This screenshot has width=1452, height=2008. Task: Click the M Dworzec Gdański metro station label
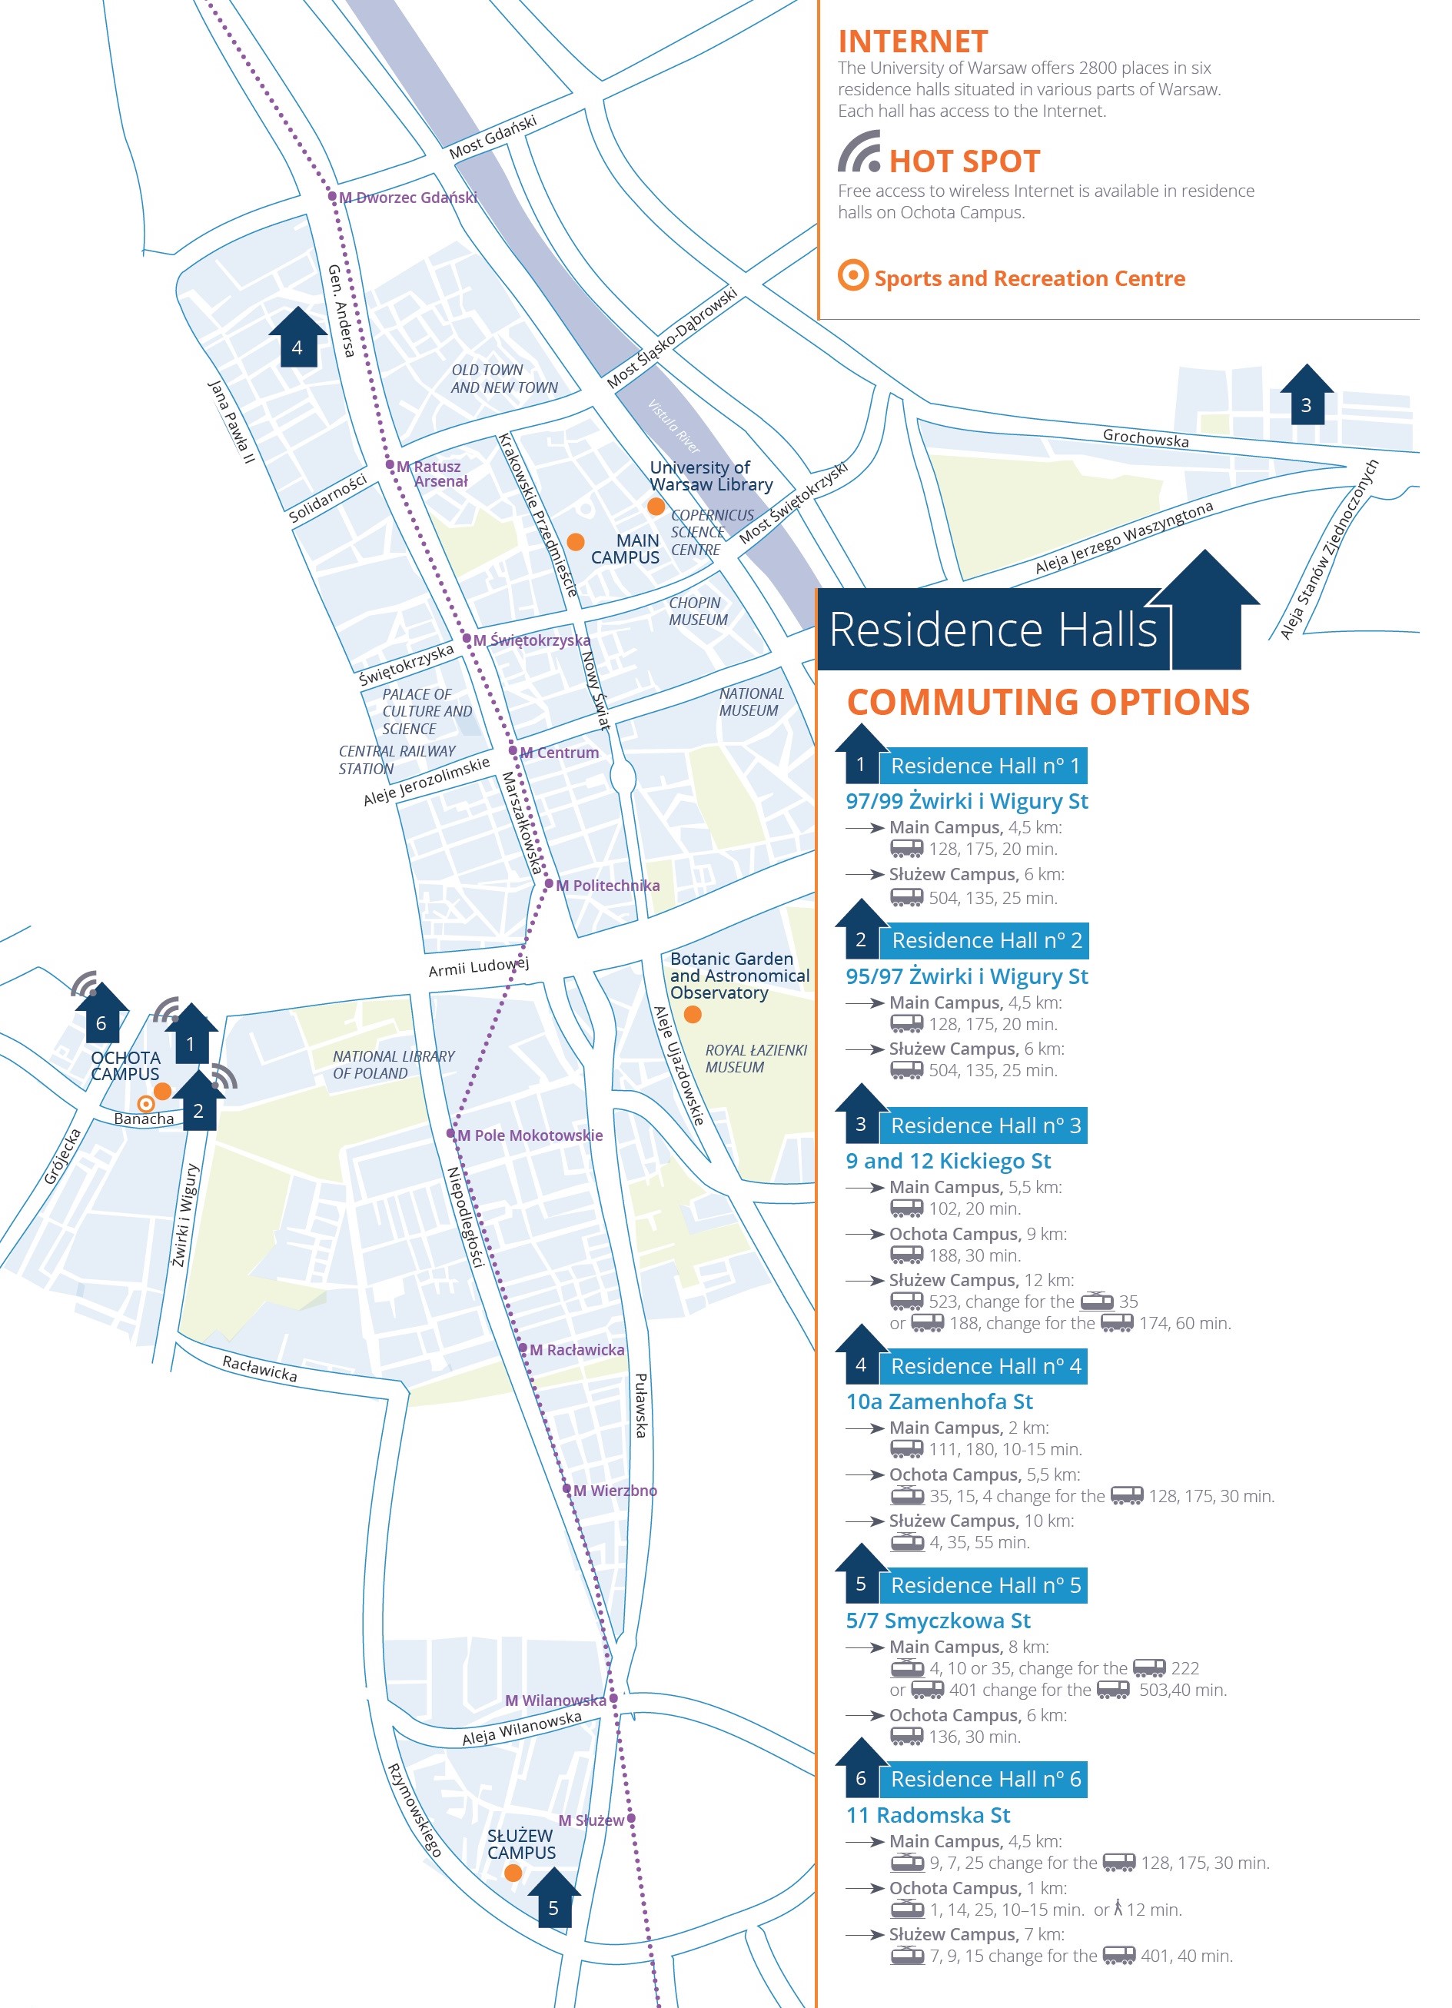tap(408, 198)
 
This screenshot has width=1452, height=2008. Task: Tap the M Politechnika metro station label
tap(607, 886)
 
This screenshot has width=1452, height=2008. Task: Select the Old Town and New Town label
tap(503, 379)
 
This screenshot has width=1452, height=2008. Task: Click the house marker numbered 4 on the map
tap(297, 337)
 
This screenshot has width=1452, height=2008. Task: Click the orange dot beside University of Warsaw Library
tap(656, 507)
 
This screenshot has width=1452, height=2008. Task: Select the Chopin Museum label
tap(699, 612)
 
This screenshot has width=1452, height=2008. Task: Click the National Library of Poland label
tap(393, 1064)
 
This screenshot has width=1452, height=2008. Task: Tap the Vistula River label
tap(674, 427)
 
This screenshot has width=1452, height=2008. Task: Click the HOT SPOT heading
tap(964, 161)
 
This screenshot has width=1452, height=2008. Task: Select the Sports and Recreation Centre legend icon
tap(852, 275)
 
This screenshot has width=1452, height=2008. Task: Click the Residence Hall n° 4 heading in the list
tap(985, 1366)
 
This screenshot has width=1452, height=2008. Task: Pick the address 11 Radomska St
tap(928, 1815)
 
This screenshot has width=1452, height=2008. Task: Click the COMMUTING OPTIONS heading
tap(1048, 702)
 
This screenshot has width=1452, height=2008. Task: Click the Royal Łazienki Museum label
tap(756, 1059)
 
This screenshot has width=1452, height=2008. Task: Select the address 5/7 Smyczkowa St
tap(938, 1621)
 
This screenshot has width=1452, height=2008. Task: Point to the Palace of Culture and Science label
tap(427, 712)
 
